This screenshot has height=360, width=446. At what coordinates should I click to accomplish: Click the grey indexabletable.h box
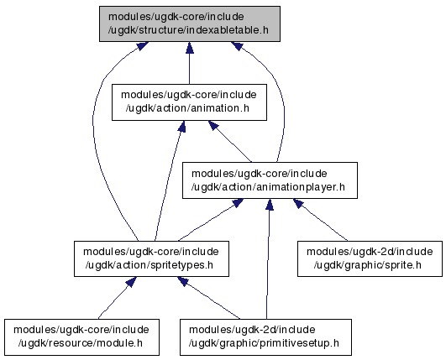click(x=190, y=23)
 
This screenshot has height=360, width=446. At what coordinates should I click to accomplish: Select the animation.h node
click(x=189, y=102)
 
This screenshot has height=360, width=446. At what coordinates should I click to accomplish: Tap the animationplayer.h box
click(x=270, y=180)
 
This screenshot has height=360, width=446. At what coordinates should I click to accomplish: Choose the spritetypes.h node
click(x=151, y=258)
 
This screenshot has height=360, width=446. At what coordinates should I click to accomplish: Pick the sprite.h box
click(x=370, y=258)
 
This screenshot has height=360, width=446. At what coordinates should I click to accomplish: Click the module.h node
click(x=81, y=337)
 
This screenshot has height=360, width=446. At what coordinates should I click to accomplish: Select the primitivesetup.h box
click(x=265, y=337)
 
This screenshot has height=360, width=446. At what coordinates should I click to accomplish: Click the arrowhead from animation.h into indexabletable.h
click(x=190, y=48)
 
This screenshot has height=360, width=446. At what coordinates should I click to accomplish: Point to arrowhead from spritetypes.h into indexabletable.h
click(x=142, y=46)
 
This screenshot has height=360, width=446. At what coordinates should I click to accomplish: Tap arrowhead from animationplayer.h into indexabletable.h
click(x=237, y=46)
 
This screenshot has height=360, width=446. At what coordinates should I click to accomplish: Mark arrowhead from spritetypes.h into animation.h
click(x=182, y=126)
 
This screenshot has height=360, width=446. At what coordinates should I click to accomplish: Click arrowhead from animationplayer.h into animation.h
click(x=213, y=125)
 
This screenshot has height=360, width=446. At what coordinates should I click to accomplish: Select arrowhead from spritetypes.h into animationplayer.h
click(x=238, y=203)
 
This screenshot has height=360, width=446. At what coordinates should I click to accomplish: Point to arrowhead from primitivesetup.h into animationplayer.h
click(x=270, y=204)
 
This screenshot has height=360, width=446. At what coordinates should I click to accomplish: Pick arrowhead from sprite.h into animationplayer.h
click(x=299, y=203)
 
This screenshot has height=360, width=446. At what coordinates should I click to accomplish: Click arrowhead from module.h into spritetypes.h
click(x=131, y=282)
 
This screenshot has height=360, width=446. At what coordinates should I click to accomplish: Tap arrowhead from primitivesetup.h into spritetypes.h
click(x=183, y=281)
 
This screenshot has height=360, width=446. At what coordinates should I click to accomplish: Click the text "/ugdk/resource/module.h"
click(x=81, y=343)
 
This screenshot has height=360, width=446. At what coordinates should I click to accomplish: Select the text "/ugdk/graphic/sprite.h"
click(x=368, y=265)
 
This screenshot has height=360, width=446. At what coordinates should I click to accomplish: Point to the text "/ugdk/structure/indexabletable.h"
click(x=188, y=30)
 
